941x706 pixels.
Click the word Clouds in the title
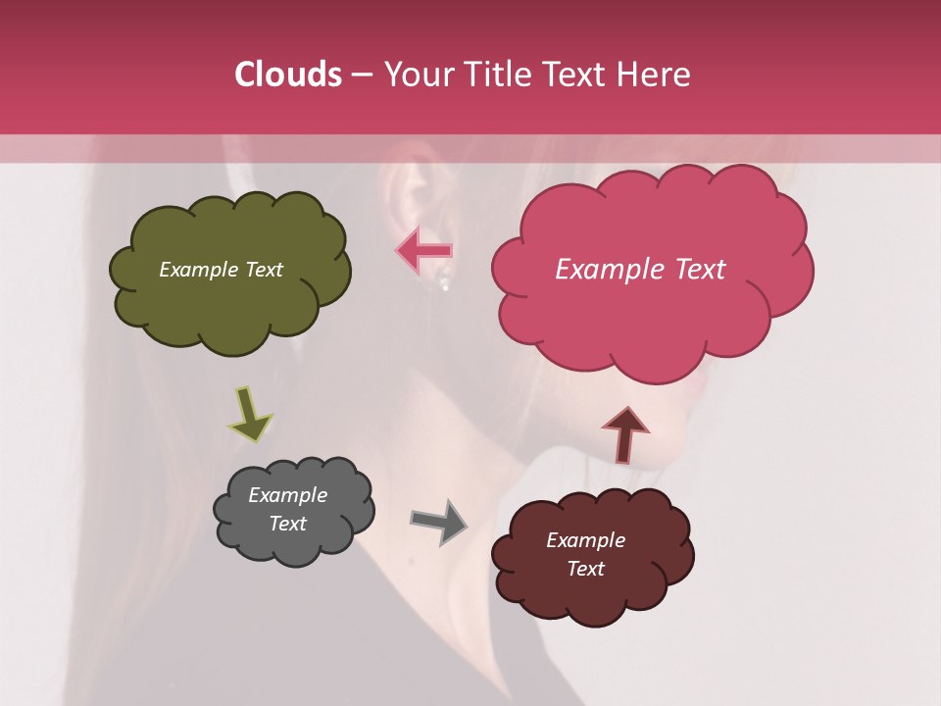click(288, 75)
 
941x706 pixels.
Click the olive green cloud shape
click(229, 310)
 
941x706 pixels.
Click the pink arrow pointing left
click(424, 251)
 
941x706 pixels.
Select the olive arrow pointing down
click(249, 413)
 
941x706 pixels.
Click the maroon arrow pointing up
click(625, 434)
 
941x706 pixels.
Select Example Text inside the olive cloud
click(222, 270)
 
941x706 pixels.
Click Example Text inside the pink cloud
click(640, 270)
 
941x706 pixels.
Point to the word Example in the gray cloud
click(287, 495)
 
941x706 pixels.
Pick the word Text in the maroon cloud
click(585, 569)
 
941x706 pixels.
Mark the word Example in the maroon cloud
click(585, 540)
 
